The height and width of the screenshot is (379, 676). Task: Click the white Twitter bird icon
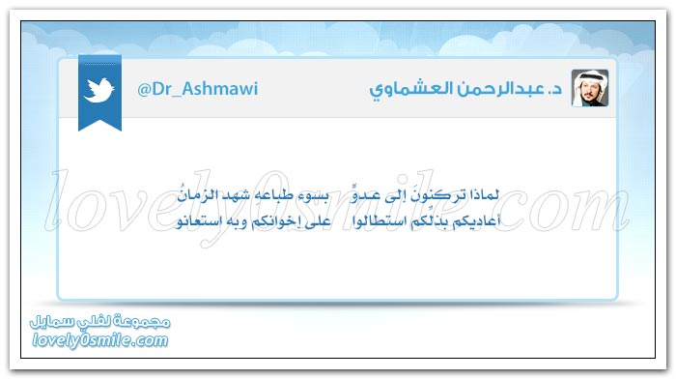pos(99,90)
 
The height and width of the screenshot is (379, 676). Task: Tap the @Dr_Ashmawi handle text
pos(197,89)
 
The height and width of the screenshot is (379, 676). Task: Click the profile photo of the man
pos(590,88)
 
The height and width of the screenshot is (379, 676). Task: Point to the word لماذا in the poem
pos(484,195)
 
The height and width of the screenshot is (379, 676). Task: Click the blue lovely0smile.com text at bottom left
pos(100,340)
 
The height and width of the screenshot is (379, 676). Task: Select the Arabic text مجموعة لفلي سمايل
pos(100,322)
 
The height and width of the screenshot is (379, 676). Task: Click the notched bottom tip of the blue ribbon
pos(99,121)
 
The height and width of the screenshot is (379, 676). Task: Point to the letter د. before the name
pos(555,89)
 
